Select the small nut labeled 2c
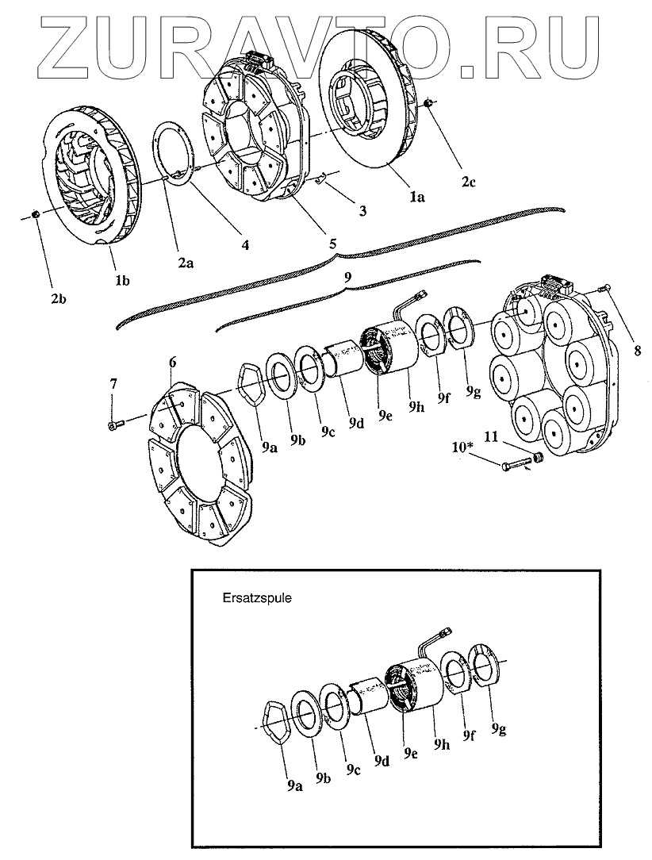pos(429,105)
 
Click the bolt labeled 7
pos(113,426)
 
